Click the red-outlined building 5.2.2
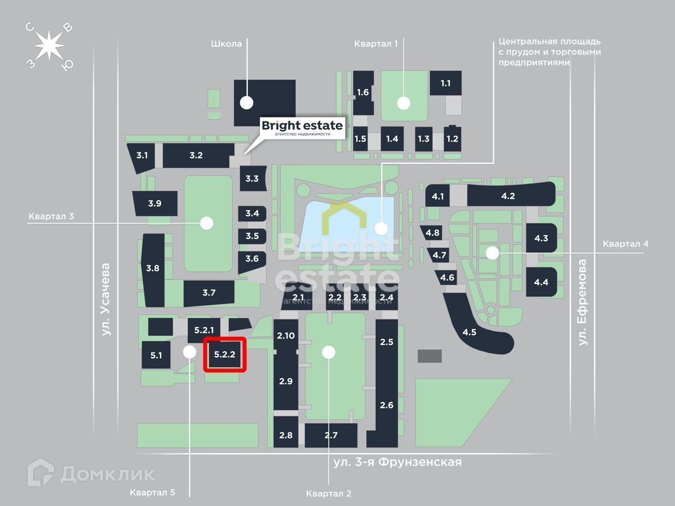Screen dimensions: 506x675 tap(225, 355)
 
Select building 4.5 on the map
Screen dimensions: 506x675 tap(470, 332)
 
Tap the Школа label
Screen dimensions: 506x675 tap(227, 44)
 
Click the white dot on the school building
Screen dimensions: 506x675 tap(246, 102)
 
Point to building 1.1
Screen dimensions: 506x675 tap(445, 83)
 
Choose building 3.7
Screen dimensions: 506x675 tap(209, 292)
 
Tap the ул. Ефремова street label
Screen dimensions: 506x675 tap(583, 302)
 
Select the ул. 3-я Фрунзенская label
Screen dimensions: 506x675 tap(397, 462)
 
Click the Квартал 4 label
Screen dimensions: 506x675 tap(625, 244)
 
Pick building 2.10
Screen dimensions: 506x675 tap(286, 336)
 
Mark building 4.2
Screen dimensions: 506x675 tap(508, 196)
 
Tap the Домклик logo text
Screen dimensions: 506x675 tap(107, 474)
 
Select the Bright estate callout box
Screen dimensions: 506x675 tap(302, 128)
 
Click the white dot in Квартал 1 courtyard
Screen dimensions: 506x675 tap(403, 103)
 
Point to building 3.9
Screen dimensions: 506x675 tap(155, 204)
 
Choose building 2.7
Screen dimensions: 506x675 tap(331, 435)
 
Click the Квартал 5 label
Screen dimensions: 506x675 tap(152, 493)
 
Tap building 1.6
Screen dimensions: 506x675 tap(363, 92)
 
